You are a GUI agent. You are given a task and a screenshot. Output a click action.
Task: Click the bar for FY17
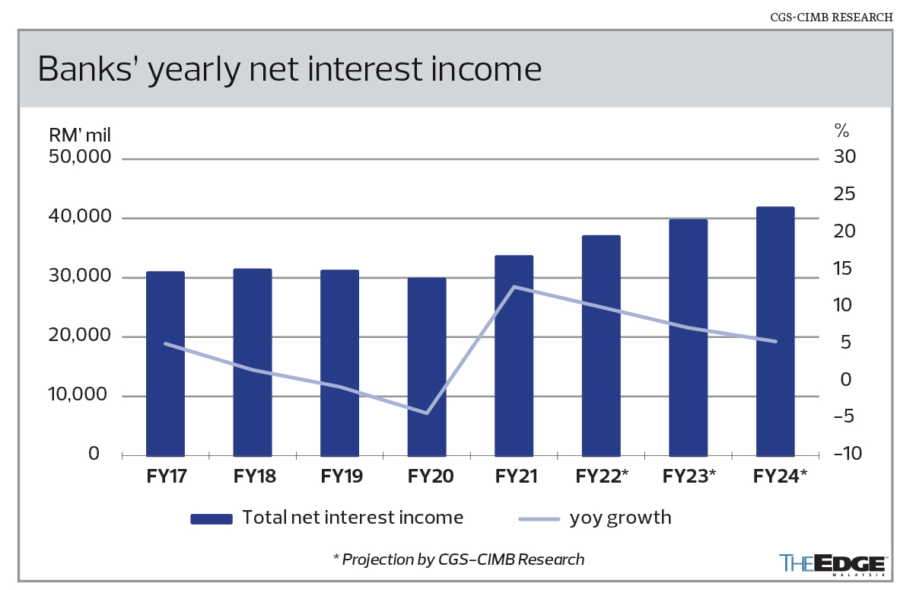165,364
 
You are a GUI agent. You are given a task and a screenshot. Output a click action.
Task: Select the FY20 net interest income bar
427,367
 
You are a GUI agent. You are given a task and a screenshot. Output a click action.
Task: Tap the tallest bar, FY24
775,331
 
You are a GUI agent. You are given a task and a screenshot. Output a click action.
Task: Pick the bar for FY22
601,346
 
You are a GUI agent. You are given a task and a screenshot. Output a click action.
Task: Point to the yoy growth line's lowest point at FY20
427,413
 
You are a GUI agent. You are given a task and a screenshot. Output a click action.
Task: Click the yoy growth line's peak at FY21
514,287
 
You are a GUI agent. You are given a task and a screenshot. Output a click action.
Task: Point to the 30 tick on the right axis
845,158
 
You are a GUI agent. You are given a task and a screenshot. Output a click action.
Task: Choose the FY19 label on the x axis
342,477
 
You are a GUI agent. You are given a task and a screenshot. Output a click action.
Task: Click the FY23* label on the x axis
689,477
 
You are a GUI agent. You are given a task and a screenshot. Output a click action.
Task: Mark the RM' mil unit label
81,136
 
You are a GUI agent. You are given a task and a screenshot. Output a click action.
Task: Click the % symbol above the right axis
841,129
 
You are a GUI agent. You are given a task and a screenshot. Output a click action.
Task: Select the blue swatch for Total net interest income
212,519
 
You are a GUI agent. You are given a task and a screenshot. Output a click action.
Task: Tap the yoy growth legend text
620,518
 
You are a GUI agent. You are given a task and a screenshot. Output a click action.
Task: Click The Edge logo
832,564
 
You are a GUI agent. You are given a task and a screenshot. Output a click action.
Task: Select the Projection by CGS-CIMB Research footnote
459,560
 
